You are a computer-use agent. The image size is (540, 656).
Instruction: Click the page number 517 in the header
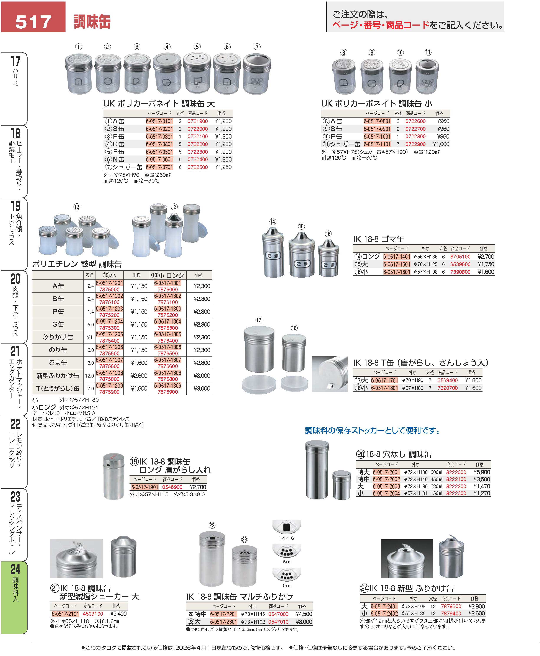[x=33, y=22]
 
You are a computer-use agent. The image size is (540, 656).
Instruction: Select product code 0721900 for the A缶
[x=197, y=121]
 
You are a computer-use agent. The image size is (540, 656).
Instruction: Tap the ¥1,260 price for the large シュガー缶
[x=223, y=167]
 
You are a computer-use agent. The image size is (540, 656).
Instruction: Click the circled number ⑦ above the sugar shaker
[x=257, y=47]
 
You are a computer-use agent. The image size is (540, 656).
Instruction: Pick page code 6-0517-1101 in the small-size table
[x=377, y=144]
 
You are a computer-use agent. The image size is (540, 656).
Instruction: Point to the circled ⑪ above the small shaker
[x=428, y=52]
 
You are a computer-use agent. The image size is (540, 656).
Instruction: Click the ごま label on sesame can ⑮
[x=302, y=264]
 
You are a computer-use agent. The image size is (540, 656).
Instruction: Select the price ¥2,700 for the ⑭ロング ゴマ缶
[x=486, y=257]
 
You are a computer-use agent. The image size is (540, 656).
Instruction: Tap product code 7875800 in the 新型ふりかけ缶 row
[x=110, y=379]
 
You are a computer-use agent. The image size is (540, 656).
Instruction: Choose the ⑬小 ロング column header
[x=168, y=275]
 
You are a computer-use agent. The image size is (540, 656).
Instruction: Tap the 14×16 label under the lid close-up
[x=286, y=538]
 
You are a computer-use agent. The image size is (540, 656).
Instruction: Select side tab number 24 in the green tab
[x=15, y=569]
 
